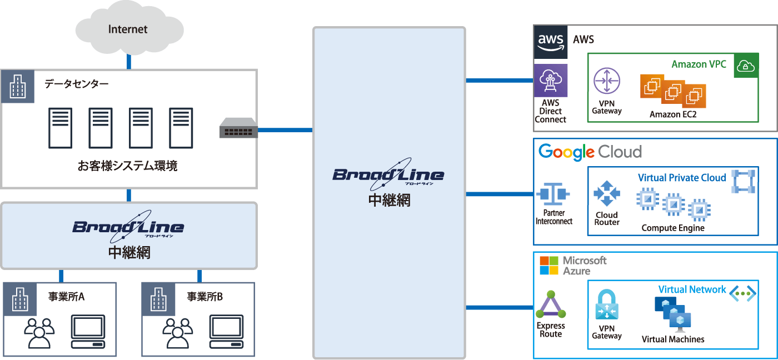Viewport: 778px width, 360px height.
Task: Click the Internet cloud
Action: point(128,29)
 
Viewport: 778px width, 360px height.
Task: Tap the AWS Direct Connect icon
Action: point(551,81)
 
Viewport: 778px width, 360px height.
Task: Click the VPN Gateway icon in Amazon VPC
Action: point(606,81)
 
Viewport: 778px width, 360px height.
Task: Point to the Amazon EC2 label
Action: point(673,114)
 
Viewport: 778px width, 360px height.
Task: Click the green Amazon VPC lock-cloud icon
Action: point(746,66)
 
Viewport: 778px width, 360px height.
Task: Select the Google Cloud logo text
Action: point(590,152)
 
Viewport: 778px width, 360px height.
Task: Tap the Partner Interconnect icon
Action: point(553,194)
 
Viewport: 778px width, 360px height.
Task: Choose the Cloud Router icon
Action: point(606,194)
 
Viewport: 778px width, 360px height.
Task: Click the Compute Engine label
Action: point(672,228)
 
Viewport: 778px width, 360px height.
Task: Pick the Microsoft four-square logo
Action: point(548,266)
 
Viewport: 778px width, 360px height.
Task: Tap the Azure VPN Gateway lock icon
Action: point(606,305)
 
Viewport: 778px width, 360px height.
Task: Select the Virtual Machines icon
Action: point(672,313)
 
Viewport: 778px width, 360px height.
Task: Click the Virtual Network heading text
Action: point(692,289)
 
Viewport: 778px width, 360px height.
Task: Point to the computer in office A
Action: point(88,332)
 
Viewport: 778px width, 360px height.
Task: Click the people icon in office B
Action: point(177,333)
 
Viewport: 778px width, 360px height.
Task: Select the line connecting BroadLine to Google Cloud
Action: point(499,194)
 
